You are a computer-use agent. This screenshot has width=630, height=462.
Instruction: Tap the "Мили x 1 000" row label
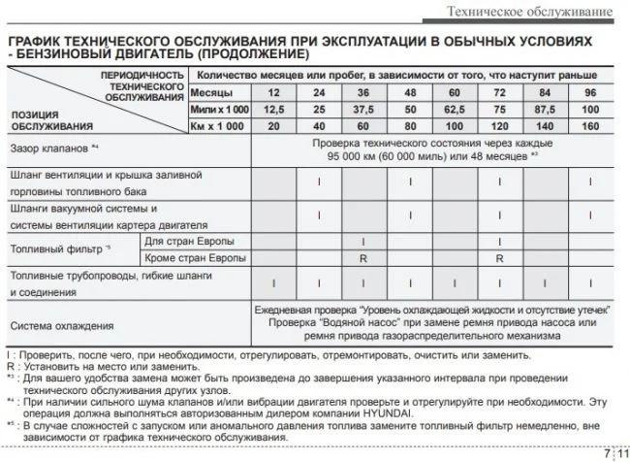click(x=217, y=109)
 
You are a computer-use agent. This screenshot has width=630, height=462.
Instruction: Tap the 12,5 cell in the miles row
click(x=275, y=109)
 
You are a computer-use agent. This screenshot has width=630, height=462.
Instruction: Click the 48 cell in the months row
click(x=409, y=92)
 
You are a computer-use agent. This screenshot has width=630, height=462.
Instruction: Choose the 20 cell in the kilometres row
click(x=275, y=126)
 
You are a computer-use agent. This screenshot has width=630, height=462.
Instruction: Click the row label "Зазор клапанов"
click(x=52, y=149)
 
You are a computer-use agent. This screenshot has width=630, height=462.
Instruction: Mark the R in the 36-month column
click(x=363, y=258)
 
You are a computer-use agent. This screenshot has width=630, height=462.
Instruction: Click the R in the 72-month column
click(x=499, y=258)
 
